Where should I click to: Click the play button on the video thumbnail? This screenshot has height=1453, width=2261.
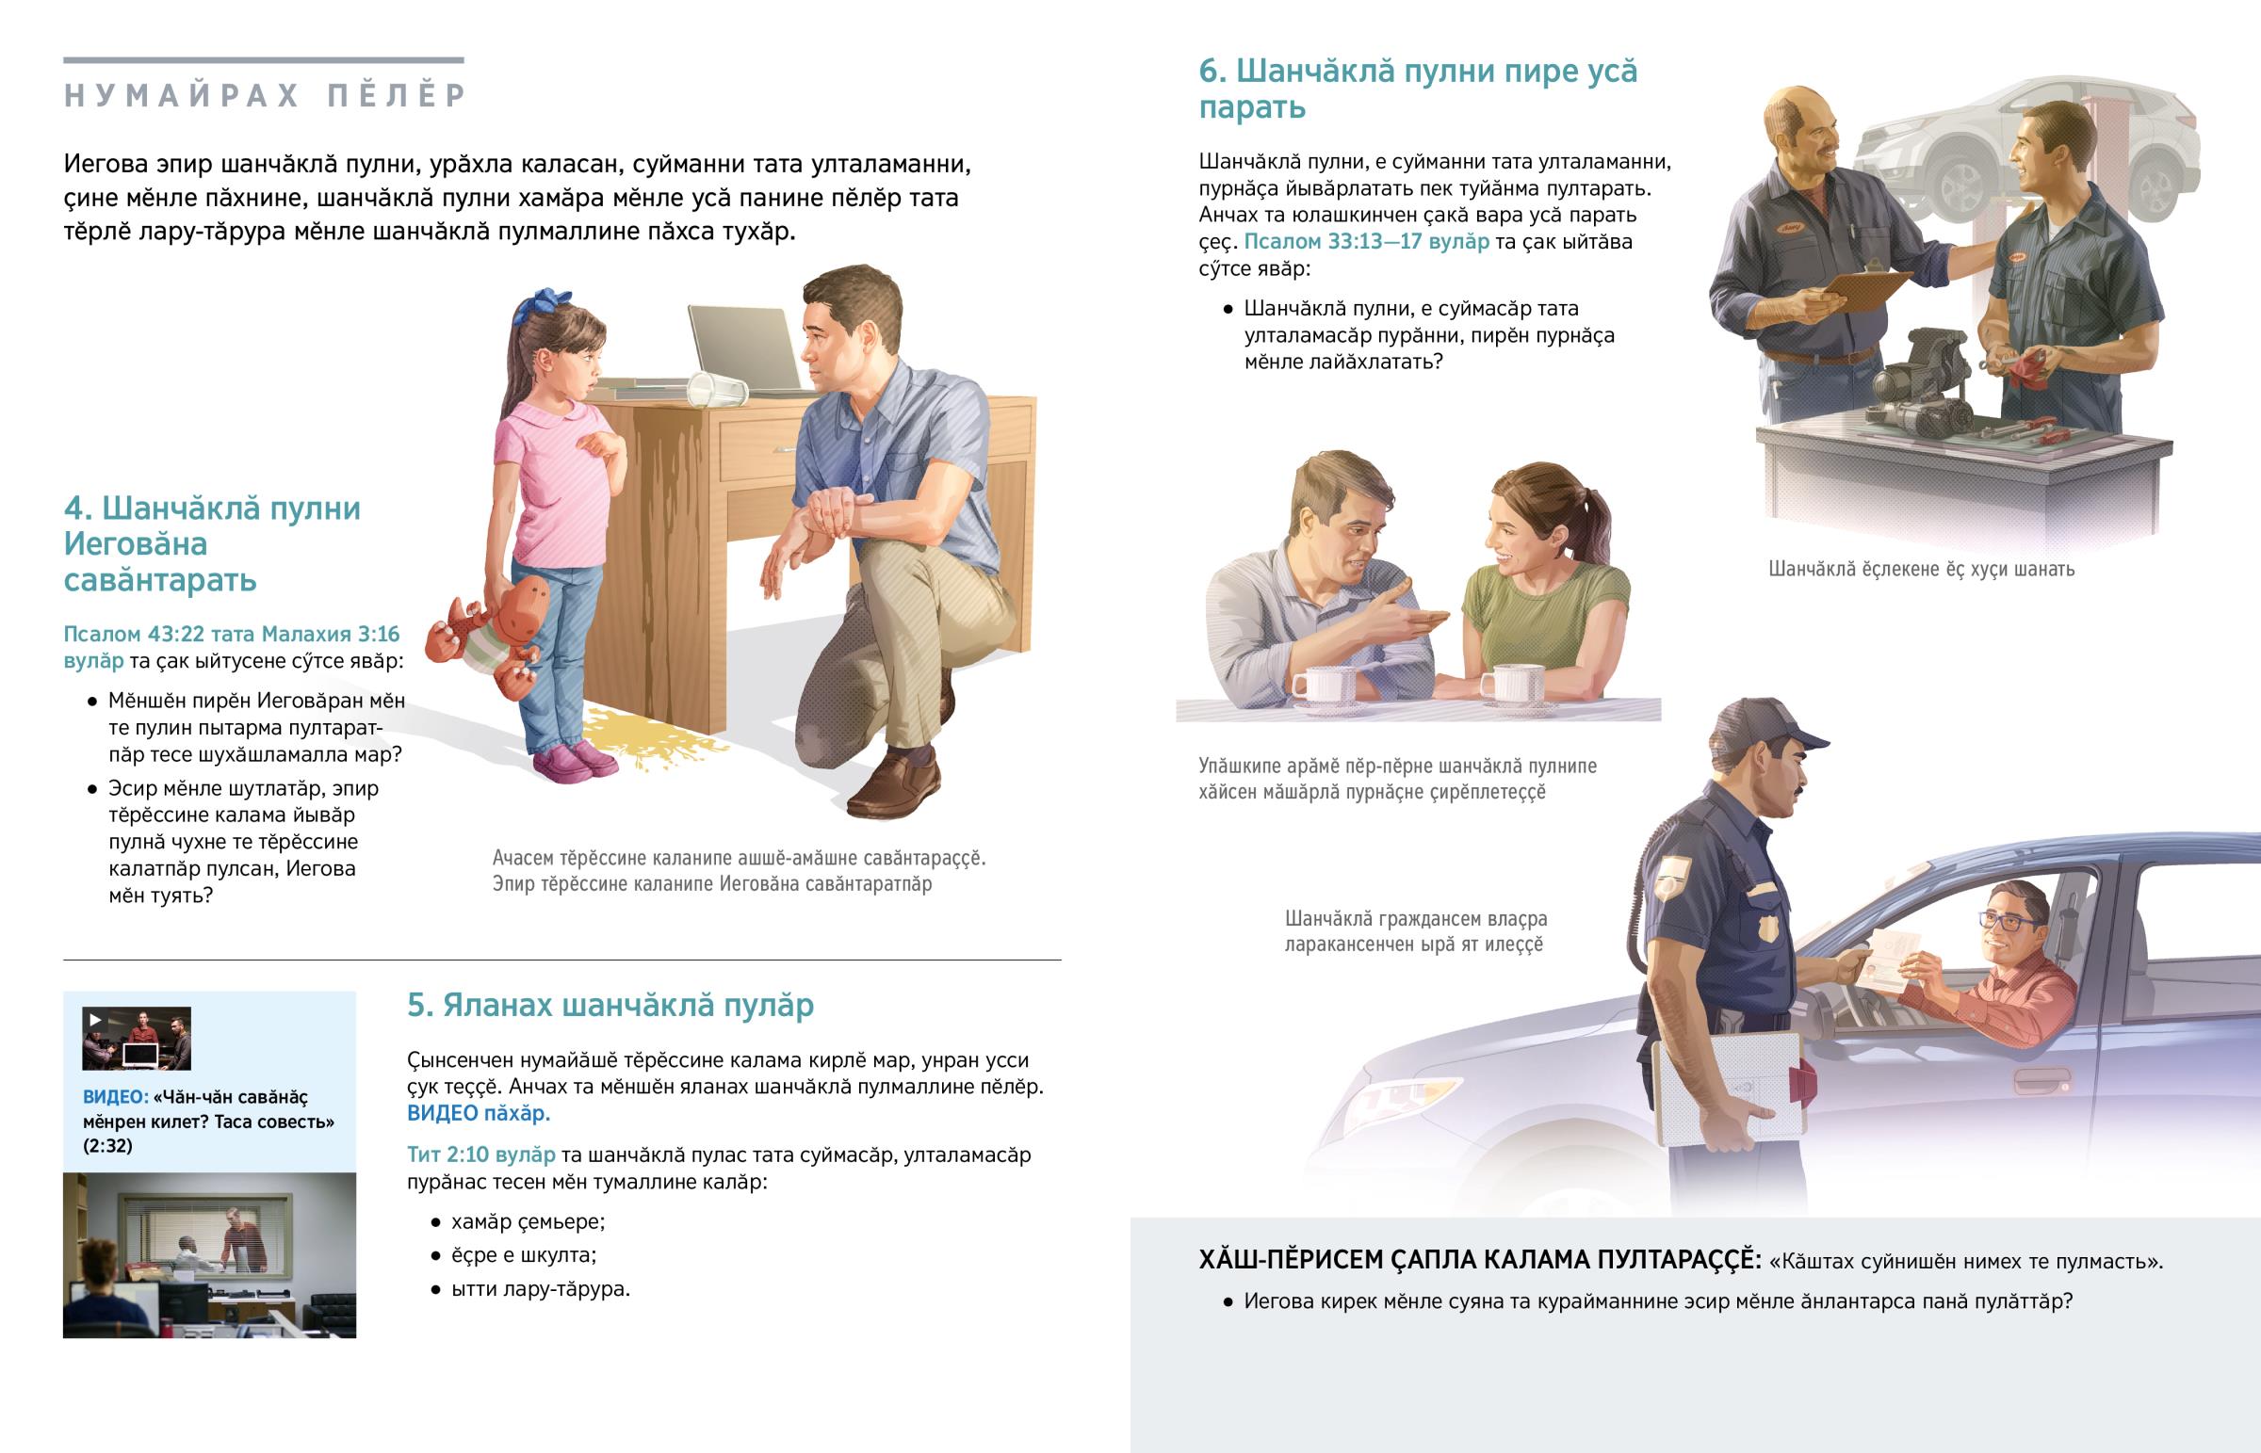[94, 1020]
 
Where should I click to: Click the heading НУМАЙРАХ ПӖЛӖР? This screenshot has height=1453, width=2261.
[265, 96]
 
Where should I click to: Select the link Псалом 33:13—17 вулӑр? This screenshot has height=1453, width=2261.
[1365, 241]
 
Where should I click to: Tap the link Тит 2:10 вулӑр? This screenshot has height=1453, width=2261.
[480, 1154]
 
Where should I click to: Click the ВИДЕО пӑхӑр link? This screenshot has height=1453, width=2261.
[478, 1113]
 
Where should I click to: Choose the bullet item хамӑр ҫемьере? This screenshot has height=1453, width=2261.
[528, 1222]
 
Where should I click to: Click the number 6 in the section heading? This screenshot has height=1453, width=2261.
[1211, 72]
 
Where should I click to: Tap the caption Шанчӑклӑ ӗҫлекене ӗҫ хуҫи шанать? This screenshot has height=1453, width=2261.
[1920, 569]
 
